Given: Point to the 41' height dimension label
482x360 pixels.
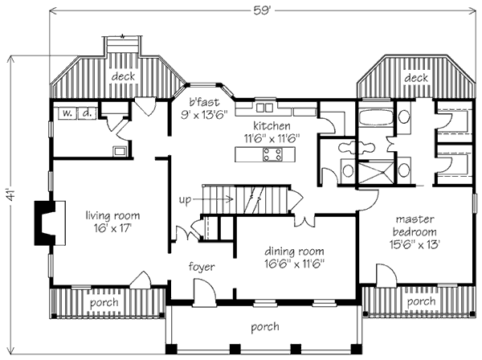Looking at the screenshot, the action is pyautogui.click(x=10, y=195).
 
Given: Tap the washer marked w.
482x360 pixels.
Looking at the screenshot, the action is pyautogui.click(x=67, y=113).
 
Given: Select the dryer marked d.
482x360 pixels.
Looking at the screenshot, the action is pyautogui.click(x=88, y=113).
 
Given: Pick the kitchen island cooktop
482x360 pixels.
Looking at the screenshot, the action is pyautogui.click(x=272, y=154).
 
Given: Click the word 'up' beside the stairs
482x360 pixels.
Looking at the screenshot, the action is pyautogui.click(x=186, y=200).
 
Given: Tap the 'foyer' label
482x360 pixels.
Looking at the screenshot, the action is pyautogui.click(x=202, y=267).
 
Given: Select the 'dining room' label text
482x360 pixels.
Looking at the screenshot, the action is pyautogui.click(x=294, y=252).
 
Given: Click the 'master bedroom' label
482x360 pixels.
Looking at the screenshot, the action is pyautogui.click(x=415, y=225).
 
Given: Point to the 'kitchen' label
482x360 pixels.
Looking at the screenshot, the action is pyautogui.click(x=272, y=125).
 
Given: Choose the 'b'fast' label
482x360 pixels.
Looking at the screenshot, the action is pyautogui.click(x=204, y=102).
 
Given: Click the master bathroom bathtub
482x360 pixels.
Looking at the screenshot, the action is pyautogui.click(x=376, y=117).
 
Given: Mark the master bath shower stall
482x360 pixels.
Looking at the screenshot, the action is pyautogui.click(x=376, y=173).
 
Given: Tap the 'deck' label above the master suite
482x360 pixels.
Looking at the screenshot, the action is pyautogui.click(x=416, y=78).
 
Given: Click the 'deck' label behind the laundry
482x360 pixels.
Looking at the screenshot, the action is pyautogui.click(x=123, y=76).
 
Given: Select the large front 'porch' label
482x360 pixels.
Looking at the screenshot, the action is pyautogui.click(x=265, y=327).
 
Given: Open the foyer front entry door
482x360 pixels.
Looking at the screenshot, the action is pyautogui.click(x=204, y=289).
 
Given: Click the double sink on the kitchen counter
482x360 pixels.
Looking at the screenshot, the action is pyautogui.click(x=264, y=108).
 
